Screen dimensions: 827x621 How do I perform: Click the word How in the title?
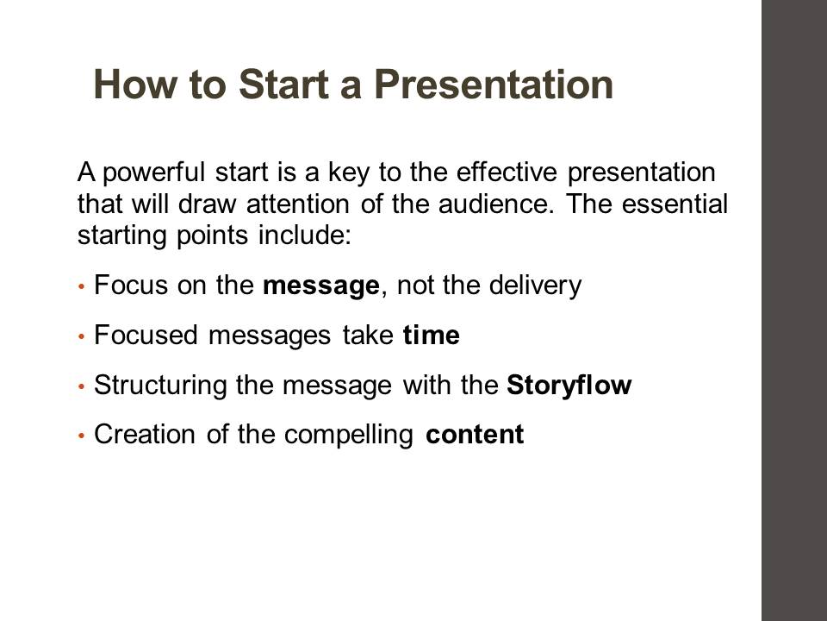click(134, 85)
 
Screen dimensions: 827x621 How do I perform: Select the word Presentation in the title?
click(494, 85)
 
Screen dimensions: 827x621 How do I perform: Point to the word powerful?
click(153, 173)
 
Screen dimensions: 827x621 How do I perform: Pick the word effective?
click(507, 172)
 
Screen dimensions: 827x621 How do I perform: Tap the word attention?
click(297, 204)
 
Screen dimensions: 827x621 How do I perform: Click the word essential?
click(675, 204)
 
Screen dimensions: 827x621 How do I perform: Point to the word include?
click(305, 235)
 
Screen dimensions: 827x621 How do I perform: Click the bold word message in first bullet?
click(320, 286)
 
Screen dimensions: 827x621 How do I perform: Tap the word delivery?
click(535, 285)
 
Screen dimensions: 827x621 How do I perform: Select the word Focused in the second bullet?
click(146, 335)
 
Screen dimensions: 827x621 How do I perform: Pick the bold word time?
click(431, 335)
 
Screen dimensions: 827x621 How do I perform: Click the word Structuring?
click(160, 385)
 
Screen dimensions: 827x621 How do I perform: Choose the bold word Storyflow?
click(569, 385)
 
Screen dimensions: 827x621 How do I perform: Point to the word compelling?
click(348, 435)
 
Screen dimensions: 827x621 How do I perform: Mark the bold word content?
click(474, 435)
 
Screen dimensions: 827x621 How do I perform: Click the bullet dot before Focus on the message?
click(81, 286)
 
